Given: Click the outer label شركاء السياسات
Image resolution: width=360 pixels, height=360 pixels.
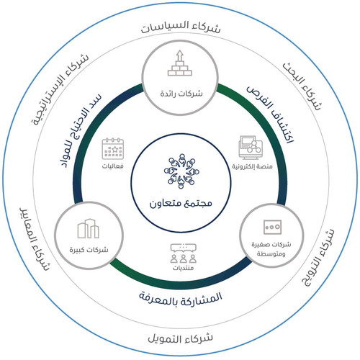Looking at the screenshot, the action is [181, 27].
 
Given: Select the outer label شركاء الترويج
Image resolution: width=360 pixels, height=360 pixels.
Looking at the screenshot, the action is [317, 257].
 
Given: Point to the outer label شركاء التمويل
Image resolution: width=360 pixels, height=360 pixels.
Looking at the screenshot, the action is [180, 338].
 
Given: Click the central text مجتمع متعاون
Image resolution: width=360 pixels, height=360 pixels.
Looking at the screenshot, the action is [181, 204].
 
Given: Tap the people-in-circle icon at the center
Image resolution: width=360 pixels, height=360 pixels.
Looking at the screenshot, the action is [181, 171].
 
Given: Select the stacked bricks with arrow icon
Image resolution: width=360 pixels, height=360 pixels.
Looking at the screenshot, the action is [180, 63].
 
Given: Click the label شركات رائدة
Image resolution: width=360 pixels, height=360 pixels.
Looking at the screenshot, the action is [181, 94].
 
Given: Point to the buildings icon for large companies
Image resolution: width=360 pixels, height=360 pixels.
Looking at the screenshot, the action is [88, 228].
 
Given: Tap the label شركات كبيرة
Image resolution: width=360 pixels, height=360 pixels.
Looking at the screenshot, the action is [89, 250].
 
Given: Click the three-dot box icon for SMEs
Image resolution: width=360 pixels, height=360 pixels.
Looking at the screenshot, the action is [272, 227].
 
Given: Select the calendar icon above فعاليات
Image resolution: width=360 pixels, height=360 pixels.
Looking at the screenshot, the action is [113, 148].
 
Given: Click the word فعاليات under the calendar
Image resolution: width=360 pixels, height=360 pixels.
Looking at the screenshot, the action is [113, 166].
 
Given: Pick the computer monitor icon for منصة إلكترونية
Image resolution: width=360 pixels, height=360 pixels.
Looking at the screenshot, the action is [251, 148].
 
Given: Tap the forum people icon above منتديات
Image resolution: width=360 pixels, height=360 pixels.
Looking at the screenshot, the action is [184, 253].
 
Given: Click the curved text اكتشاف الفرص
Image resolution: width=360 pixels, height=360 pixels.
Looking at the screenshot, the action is [271, 113].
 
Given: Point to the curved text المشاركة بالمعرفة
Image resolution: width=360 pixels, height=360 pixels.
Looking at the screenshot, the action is [181, 299].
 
